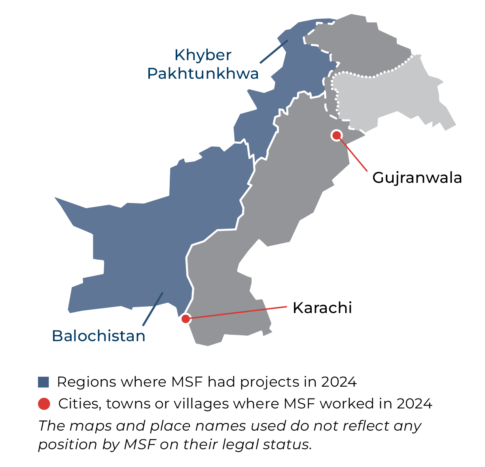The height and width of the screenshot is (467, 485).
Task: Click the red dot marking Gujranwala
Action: (x=336, y=135)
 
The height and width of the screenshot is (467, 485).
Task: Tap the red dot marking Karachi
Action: (x=185, y=318)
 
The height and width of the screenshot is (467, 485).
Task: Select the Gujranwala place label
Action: (x=417, y=178)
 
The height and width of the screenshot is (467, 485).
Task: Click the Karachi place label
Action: (x=322, y=308)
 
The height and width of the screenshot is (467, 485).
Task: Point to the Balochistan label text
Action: (x=99, y=336)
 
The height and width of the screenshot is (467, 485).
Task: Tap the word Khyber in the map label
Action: (x=203, y=55)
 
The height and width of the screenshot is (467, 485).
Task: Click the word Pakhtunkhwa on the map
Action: (x=203, y=74)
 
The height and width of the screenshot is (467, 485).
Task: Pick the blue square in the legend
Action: (x=44, y=382)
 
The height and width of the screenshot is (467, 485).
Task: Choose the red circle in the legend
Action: (x=44, y=404)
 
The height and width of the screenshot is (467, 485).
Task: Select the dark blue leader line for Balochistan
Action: (x=153, y=309)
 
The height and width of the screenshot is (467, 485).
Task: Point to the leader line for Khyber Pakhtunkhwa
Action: (x=273, y=51)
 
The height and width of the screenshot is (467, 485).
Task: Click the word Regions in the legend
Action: (x=87, y=382)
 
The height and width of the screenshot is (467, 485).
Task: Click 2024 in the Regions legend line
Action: (x=339, y=382)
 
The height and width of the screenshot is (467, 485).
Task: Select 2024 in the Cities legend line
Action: (x=414, y=404)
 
